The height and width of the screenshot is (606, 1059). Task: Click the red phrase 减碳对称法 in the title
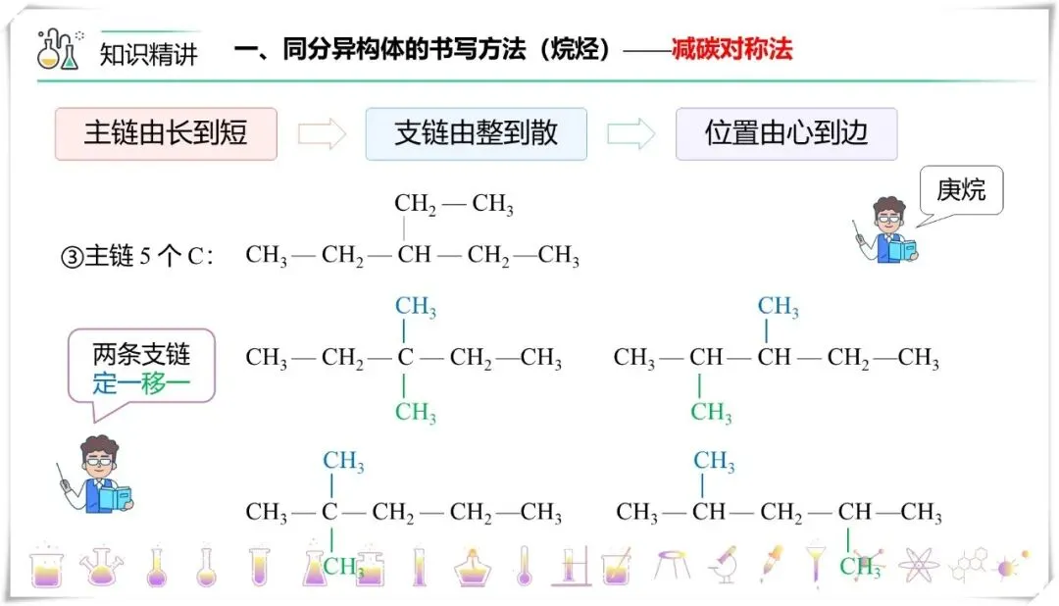point(731,50)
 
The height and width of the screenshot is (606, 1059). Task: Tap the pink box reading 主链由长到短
point(166,134)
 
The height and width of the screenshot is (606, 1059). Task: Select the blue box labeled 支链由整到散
point(476,134)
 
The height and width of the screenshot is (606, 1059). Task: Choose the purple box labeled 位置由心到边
point(786,134)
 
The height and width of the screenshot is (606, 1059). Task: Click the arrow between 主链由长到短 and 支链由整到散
point(322,134)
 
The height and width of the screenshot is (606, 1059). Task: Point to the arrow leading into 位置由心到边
point(631,134)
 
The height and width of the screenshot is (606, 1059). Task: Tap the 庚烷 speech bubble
point(961,190)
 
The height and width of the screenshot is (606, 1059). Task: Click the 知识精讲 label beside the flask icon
point(149,54)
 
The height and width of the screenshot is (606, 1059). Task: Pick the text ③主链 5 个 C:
point(138,257)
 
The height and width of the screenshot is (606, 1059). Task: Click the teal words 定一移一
point(141,382)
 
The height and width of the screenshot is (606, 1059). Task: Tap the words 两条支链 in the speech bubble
point(141,354)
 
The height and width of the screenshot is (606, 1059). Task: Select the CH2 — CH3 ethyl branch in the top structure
point(454,205)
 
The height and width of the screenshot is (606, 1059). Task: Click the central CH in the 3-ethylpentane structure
point(414,256)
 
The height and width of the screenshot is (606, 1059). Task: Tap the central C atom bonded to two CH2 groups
point(405,358)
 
